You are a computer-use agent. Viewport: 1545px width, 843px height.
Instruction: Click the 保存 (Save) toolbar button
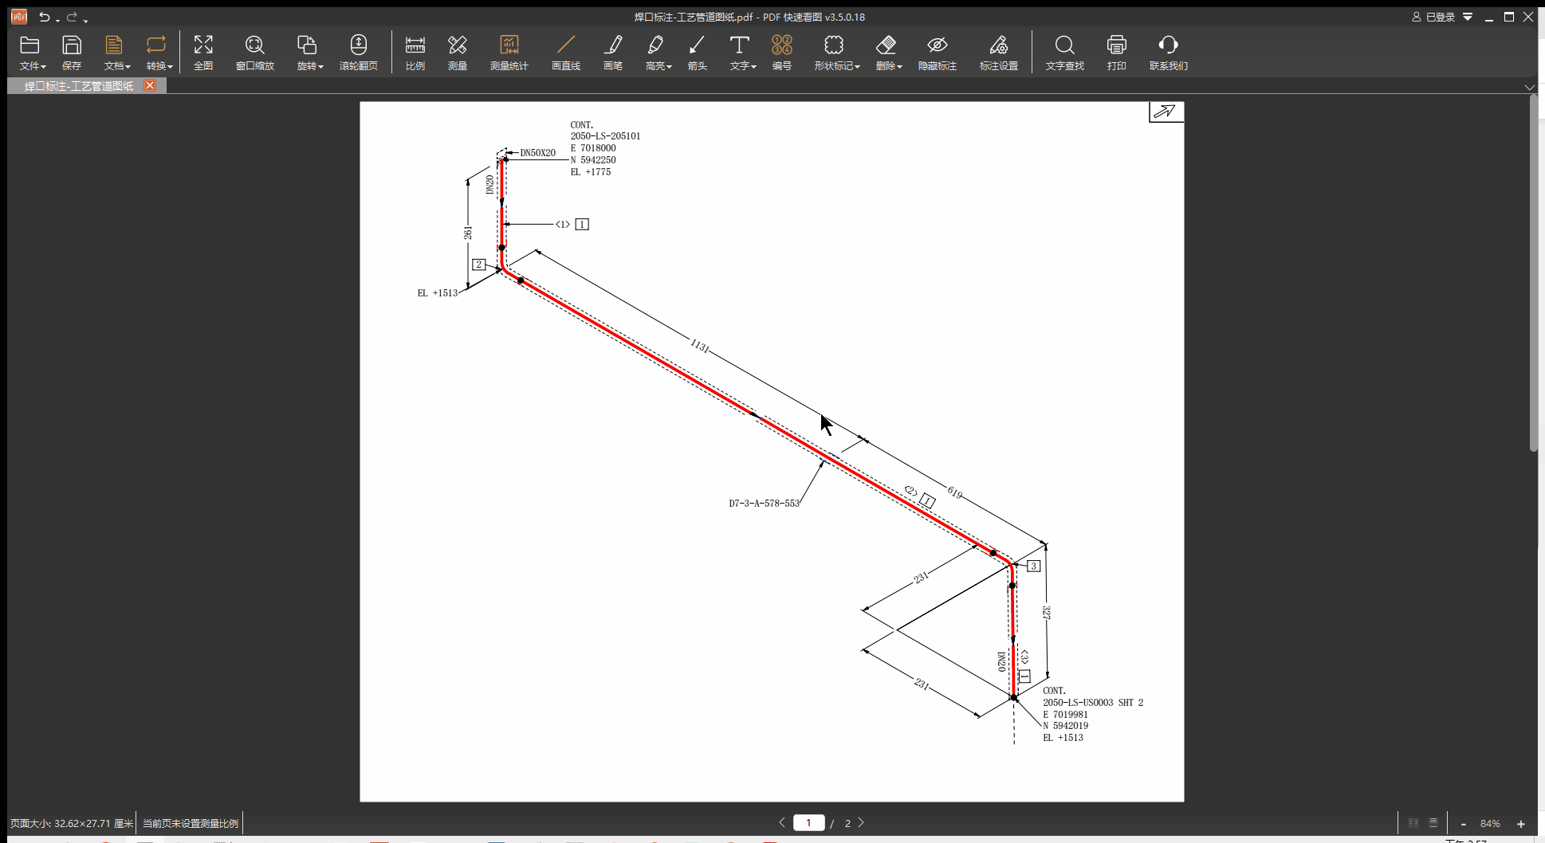(x=72, y=53)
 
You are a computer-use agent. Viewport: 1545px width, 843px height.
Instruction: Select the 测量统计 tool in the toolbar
(x=509, y=53)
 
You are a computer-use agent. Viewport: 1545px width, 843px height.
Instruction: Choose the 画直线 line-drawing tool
(x=565, y=53)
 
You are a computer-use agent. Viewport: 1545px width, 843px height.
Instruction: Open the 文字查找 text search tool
(x=1064, y=53)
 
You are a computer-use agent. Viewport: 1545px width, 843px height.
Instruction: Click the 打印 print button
(x=1116, y=53)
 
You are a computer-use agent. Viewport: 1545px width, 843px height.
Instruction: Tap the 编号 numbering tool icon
(x=781, y=53)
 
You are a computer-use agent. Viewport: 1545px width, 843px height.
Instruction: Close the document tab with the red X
(x=149, y=85)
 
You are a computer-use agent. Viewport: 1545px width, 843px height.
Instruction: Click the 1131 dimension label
(x=699, y=345)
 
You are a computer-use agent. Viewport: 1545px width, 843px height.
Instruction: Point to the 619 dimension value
(x=954, y=492)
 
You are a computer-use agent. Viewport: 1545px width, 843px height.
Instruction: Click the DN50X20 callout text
(x=537, y=153)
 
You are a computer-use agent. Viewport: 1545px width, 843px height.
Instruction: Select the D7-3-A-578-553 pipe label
(x=764, y=504)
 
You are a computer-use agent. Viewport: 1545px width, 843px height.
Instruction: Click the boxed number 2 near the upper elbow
(x=478, y=265)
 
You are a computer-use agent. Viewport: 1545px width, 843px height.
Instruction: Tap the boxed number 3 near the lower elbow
(x=1033, y=567)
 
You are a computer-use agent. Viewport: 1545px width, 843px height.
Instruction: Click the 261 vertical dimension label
(x=468, y=233)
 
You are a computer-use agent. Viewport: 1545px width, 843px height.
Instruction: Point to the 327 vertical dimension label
(x=1046, y=613)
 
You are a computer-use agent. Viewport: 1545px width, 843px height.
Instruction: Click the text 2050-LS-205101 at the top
(x=605, y=136)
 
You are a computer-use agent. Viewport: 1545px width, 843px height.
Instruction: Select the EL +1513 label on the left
(x=438, y=293)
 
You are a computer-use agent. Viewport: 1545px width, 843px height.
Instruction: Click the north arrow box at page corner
(x=1166, y=112)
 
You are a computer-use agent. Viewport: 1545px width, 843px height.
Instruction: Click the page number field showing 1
(x=808, y=823)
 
